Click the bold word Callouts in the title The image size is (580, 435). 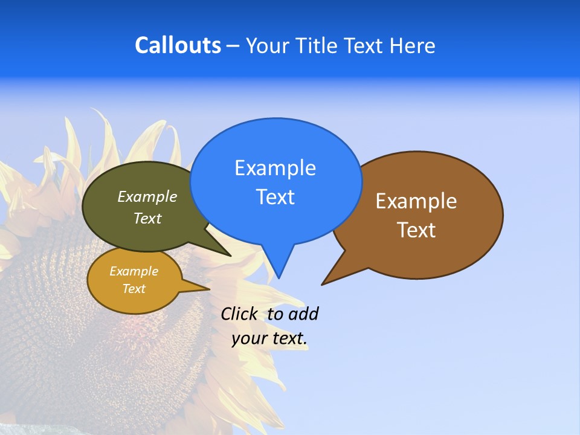tap(178, 45)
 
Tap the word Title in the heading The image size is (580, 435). tap(318, 45)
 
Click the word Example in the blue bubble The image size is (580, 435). tap(275, 168)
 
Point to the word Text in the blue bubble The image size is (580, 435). tap(275, 197)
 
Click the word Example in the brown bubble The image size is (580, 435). tap(416, 201)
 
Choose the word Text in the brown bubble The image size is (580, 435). tap(416, 230)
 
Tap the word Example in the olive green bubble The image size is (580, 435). tap(147, 196)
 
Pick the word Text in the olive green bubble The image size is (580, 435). tap(147, 218)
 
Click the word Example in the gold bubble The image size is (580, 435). tap(134, 271)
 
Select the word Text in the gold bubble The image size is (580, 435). tap(134, 289)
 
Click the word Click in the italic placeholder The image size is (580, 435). tap(241, 314)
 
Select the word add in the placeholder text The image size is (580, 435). tap(303, 314)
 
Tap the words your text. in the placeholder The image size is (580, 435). tap(269, 338)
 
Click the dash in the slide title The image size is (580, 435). tap(233, 45)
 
